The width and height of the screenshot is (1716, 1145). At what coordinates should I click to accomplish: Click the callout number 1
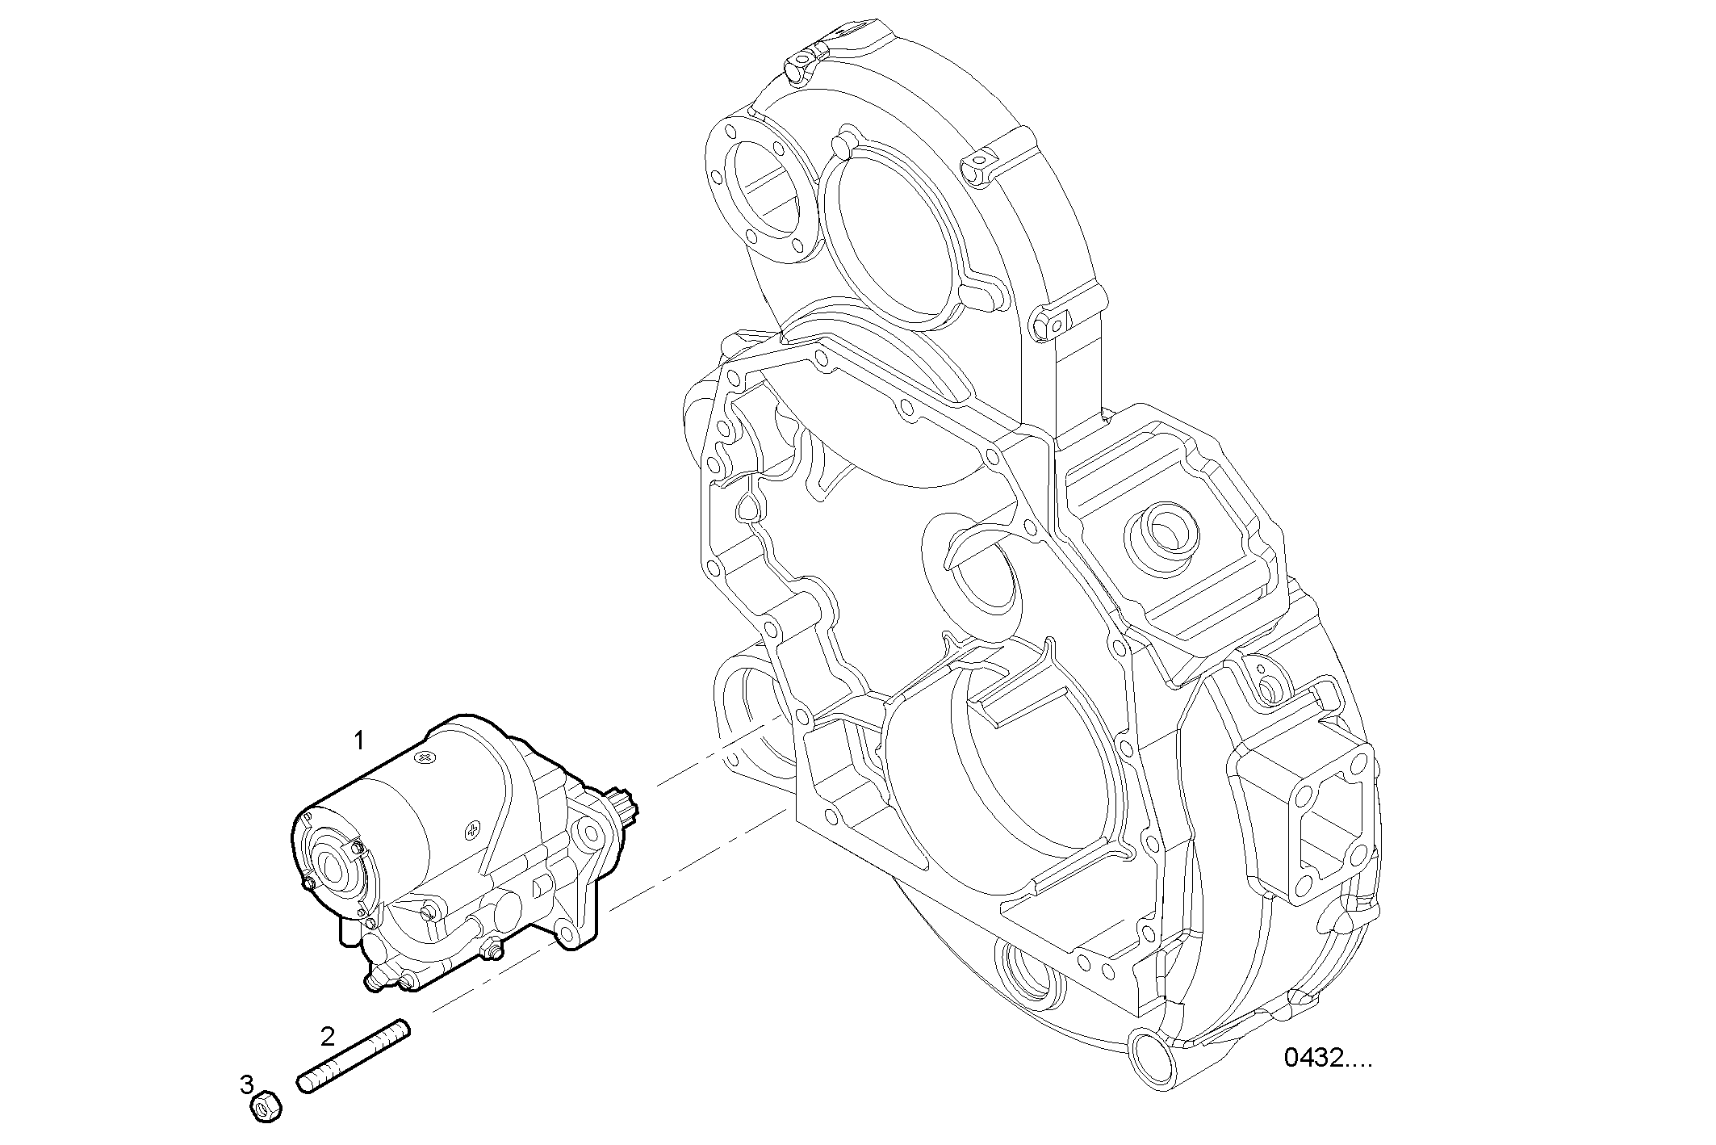click(360, 740)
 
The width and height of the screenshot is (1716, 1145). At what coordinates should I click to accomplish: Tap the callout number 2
click(327, 1036)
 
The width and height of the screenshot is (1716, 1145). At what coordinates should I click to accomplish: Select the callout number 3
click(247, 1084)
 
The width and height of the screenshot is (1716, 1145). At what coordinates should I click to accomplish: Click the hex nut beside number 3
click(266, 1107)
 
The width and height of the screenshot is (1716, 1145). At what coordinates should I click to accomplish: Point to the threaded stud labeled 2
click(354, 1058)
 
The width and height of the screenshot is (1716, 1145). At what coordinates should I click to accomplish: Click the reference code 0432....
click(1327, 1058)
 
